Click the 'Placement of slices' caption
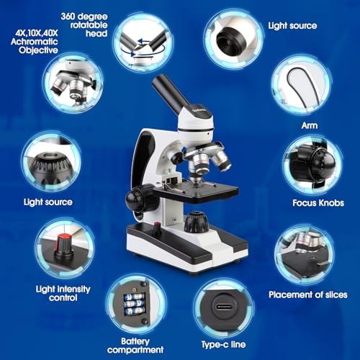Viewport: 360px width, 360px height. [x=307, y=294]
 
